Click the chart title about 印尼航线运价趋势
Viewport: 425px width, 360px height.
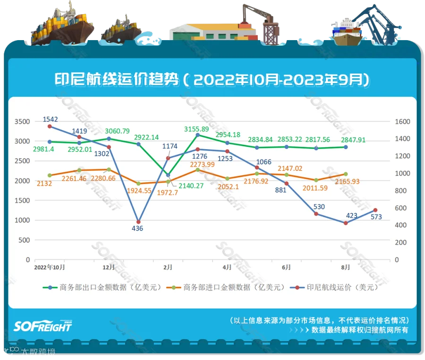212,79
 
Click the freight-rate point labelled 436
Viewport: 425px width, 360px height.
138,222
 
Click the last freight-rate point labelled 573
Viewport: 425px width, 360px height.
375,210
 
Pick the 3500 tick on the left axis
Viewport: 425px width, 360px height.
22,122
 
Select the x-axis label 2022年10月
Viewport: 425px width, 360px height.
49,267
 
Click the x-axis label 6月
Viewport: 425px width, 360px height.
286,267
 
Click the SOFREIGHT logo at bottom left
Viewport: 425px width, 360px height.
42,326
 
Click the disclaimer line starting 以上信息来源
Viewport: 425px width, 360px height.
319,320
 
